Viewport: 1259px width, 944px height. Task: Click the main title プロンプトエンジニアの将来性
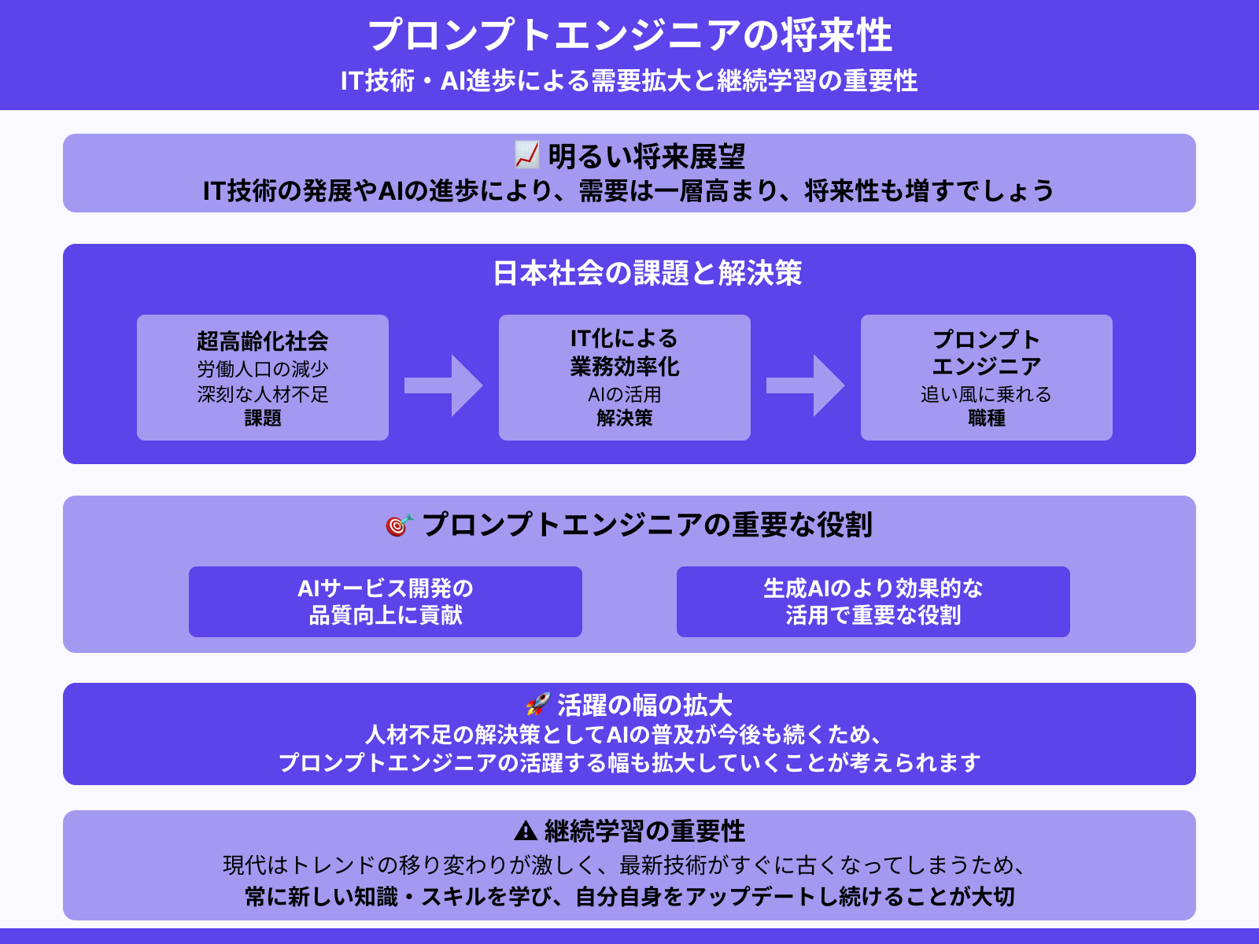[x=629, y=35]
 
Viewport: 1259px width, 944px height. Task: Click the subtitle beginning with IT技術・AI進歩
[x=629, y=81]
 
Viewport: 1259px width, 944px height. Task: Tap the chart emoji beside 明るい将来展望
[x=526, y=155]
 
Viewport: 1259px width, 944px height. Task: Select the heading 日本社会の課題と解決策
[x=647, y=274]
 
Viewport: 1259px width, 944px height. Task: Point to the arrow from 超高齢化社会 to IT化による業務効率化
[x=443, y=385]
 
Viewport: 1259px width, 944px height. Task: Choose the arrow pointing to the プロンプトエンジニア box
[x=805, y=385]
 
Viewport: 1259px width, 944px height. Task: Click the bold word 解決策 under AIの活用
[x=624, y=419]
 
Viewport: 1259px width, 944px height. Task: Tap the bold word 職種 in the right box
[x=986, y=419]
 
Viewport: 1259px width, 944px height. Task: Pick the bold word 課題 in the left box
[x=262, y=419]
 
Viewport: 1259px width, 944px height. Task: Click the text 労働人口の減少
[x=262, y=369]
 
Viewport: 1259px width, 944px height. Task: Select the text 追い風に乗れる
[x=986, y=394]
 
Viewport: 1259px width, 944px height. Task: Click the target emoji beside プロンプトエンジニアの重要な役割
[x=398, y=525]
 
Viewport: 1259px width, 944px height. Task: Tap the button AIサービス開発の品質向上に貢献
[x=386, y=602]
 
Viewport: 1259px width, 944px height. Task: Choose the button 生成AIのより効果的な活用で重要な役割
[x=873, y=602]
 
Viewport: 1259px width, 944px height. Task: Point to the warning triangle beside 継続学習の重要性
[x=525, y=831]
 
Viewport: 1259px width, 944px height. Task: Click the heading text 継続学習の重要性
[x=644, y=832]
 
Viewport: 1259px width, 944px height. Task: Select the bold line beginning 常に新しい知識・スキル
[x=629, y=897]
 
